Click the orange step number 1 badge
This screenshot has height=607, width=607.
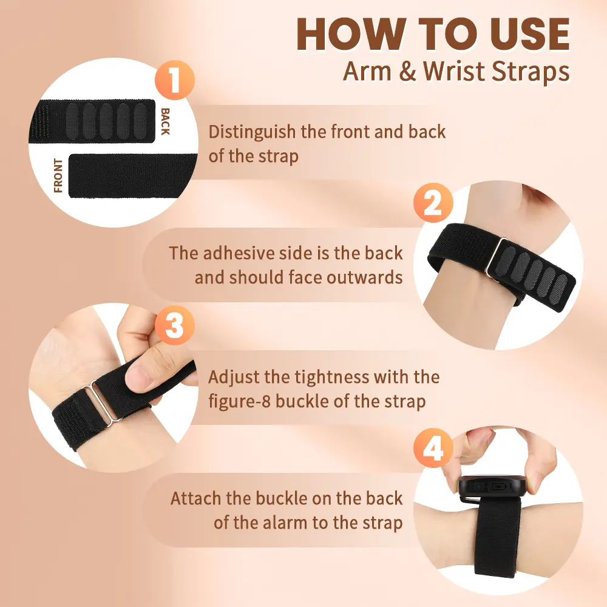coord(175,80)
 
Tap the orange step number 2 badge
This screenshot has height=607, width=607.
coord(433,203)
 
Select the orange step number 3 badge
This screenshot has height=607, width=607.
coord(175,325)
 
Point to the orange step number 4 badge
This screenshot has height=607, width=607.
coord(433,449)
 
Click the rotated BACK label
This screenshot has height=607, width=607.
coord(165,121)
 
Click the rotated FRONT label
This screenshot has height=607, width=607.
coord(58,175)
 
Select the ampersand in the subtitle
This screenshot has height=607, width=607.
coord(407,72)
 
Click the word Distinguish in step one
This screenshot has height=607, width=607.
coord(252,132)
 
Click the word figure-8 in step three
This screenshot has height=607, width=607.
coord(239,401)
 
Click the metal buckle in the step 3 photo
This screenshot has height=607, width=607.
coord(105,402)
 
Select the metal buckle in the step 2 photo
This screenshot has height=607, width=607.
coord(496,257)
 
